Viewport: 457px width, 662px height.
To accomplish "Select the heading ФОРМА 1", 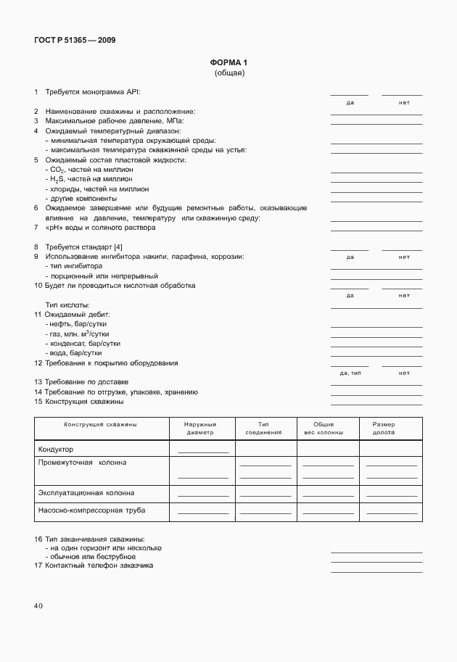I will click(228, 63).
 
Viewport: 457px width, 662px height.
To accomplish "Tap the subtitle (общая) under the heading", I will click(229, 73).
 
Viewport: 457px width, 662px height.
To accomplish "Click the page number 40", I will click(38, 605).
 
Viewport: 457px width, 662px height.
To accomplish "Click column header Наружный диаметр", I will click(199, 428).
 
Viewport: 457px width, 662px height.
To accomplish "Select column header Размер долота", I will click(384, 428).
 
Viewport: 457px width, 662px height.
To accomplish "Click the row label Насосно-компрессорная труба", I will click(91, 510).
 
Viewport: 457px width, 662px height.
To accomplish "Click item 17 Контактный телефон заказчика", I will click(99, 566).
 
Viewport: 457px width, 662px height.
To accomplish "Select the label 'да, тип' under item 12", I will click(350, 373).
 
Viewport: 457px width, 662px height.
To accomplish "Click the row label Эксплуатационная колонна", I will click(86, 493).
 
